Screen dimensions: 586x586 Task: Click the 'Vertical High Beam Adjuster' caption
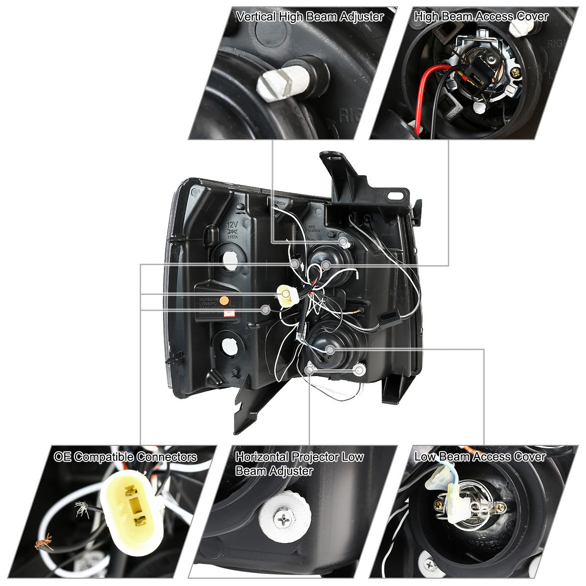click(x=309, y=17)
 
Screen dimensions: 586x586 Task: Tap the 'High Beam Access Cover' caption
click(x=481, y=17)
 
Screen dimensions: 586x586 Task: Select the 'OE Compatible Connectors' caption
click(x=126, y=457)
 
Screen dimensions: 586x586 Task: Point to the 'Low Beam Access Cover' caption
click(x=480, y=457)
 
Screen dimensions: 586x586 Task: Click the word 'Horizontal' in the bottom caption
click(x=261, y=457)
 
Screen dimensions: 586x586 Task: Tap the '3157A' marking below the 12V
click(x=233, y=237)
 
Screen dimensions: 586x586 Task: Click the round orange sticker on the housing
click(x=224, y=300)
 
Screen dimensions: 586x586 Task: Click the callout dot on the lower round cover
click(x=331, y=349)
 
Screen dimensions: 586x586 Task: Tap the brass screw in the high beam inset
click(x=516, y=73)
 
